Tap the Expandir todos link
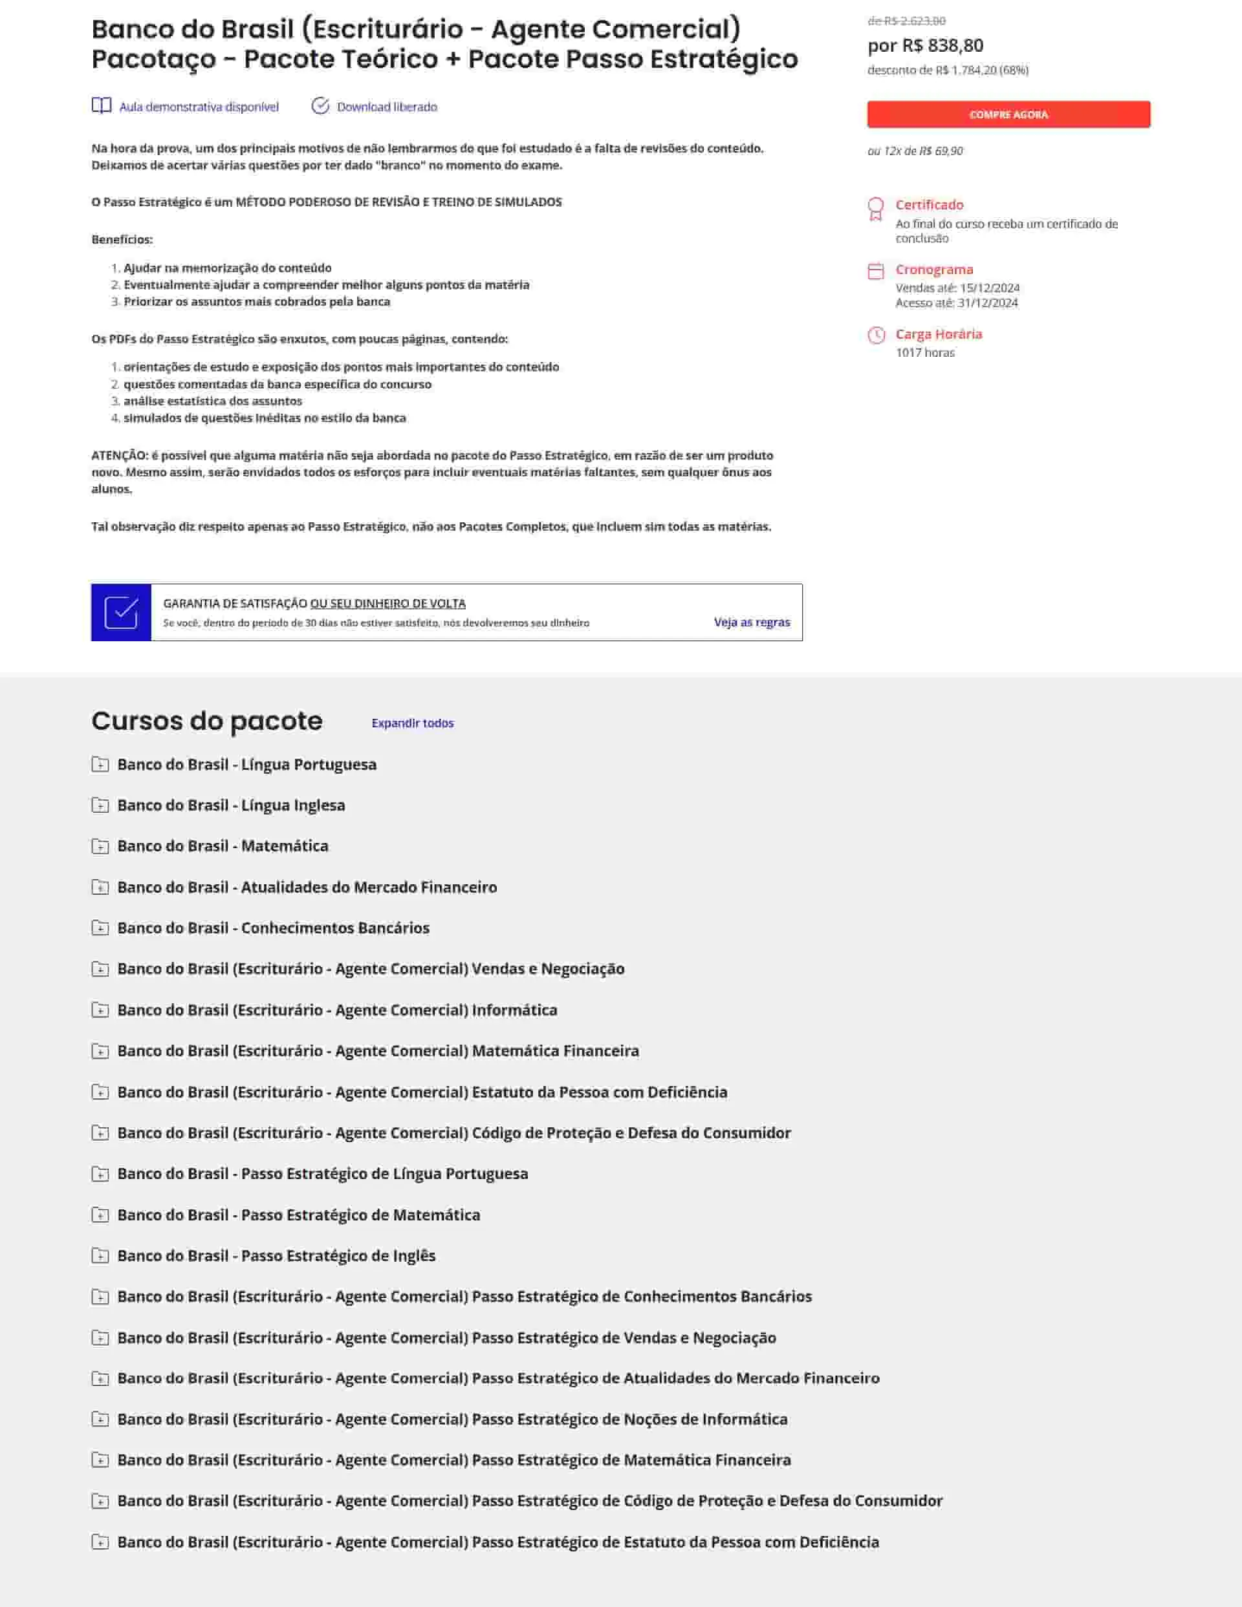[x=412, y=723]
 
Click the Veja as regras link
[x=752, y=623]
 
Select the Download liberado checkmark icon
[x=320, y=106]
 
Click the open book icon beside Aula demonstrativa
[x=102, y=105]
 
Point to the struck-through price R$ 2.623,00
[x=906, y=21]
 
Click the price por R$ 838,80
[x=926, y=46]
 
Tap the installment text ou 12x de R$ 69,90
[x=915, y=151]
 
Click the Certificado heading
[x=929, y=204]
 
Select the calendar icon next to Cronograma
[x=875, y=271]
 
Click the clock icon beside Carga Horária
[x=875, y=335]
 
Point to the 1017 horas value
[x=924, y=352]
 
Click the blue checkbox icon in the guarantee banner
[x=122, y=612]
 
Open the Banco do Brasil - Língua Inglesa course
[x=230, y=805]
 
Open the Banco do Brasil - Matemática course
[x=223, y=846]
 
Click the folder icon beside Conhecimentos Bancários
[x=100, y=928]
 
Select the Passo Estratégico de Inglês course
[x=276, y=1255]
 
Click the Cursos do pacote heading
[x=207, y=721]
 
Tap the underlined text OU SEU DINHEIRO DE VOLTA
[x=388, y=603]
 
